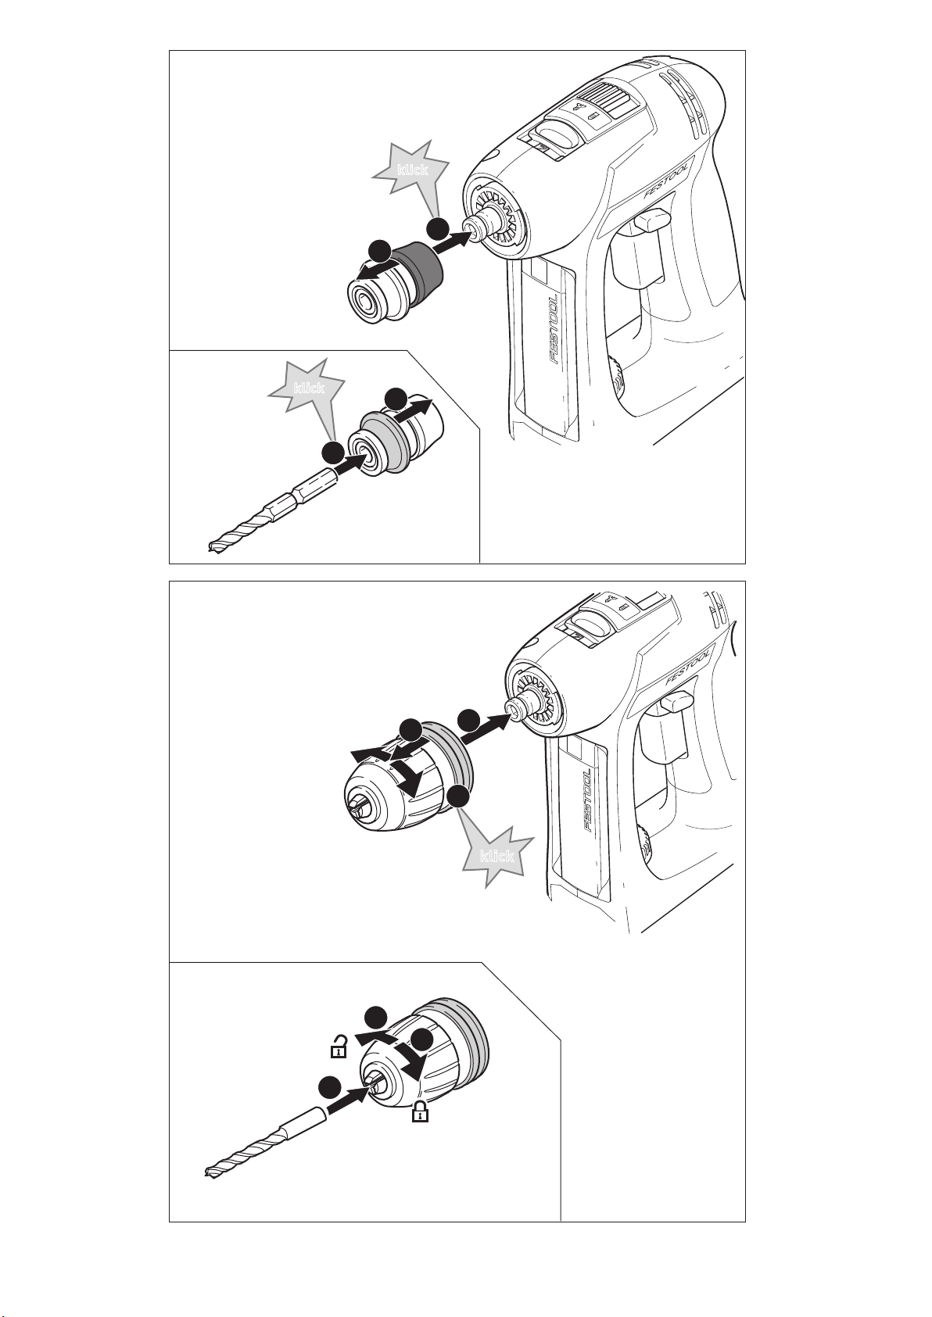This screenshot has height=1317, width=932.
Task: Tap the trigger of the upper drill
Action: (651, 222)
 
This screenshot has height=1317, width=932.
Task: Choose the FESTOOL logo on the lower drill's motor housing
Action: (689, 665)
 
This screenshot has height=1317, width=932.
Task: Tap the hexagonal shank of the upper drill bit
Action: (301, 490)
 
